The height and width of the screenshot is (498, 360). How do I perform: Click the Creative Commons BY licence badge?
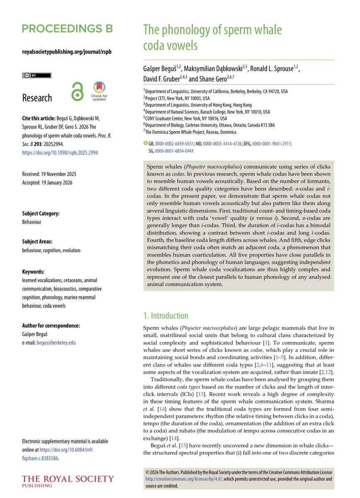[37, 76]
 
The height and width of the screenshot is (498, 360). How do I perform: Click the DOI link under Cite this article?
[60, 152]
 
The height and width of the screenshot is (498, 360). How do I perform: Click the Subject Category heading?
[41, 214]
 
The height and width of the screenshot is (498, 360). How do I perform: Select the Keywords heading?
[33, 272]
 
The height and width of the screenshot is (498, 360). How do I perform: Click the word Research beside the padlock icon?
[37, 98]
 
